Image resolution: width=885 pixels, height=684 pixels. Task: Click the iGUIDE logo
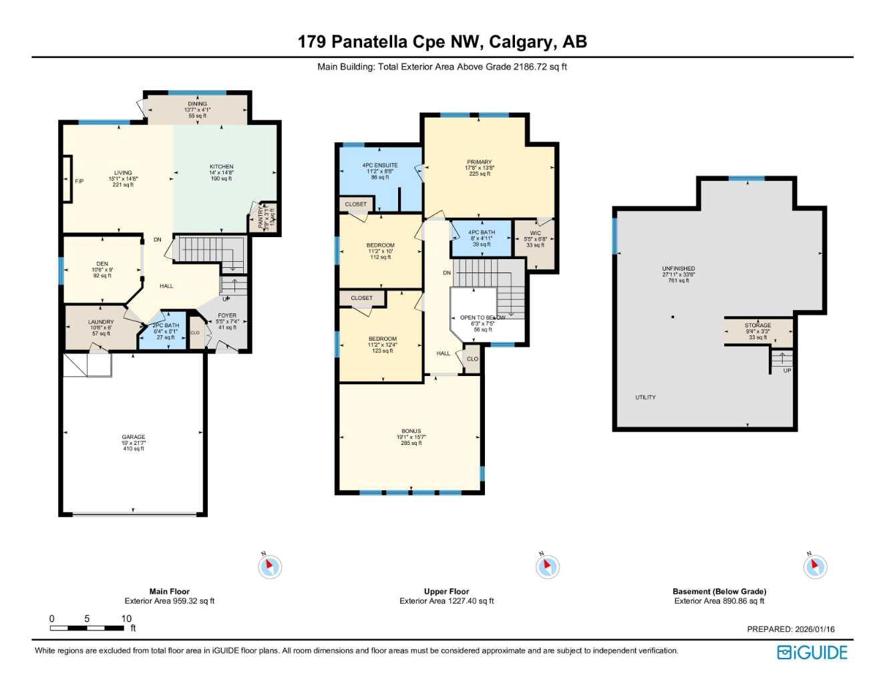[812, 652]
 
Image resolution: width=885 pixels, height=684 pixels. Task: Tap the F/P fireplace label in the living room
[79, 181]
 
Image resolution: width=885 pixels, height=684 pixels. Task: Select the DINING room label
[197, 104]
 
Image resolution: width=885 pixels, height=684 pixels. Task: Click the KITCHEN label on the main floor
[221, 167]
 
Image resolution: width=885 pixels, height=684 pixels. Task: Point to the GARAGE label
[134, 437]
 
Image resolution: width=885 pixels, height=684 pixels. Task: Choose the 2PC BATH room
[166, 331]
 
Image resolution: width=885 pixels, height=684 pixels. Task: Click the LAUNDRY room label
[101, 322]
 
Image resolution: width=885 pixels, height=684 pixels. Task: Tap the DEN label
[102, 264]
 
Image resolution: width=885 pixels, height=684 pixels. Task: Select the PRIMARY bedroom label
[479, 162]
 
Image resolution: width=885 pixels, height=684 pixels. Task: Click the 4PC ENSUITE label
[380, 165]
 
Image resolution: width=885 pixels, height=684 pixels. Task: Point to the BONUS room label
[411, 432]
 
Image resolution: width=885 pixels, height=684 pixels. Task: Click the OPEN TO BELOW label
[482, 318]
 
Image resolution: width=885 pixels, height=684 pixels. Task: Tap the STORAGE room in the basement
[758, 331]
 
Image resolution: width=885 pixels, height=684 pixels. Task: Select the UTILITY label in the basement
[645, 397]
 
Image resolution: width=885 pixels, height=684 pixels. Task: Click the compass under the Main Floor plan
[270, 567]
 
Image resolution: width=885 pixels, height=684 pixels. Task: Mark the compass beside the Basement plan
[815, 567]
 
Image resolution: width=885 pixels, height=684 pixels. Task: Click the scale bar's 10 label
[126, 619]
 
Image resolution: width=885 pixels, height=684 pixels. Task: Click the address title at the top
[442, 41]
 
